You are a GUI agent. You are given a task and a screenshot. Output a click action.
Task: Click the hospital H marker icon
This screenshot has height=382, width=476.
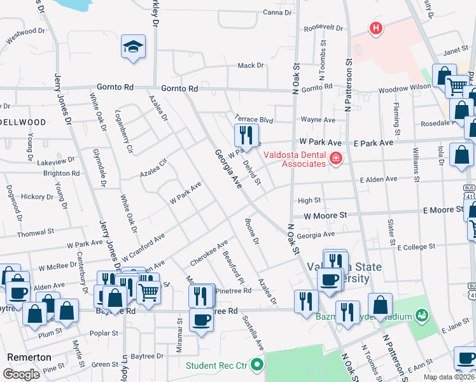[x=376, y=28]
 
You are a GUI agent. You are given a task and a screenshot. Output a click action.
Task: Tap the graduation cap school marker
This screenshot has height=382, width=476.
[x=134, y=46]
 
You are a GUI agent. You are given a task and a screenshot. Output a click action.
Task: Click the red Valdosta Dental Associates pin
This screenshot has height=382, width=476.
[x=335, y=159]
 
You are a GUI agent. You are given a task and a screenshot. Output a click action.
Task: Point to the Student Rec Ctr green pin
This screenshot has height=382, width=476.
[x=257, y=365]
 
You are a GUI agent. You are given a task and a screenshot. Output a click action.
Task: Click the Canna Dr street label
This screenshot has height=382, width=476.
[x=276, y=12]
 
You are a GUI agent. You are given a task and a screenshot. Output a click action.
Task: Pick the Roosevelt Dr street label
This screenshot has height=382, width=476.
[x=323, y=29]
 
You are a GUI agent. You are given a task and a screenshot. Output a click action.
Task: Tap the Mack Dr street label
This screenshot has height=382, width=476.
[x=250, y=66]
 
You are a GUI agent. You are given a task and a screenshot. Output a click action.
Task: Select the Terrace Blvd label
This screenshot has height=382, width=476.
[x=253, y=118]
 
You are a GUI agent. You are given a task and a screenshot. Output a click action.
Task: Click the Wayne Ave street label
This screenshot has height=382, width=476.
[x=318, y=120]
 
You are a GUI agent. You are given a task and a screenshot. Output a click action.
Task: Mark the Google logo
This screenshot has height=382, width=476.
[x=21, y=374]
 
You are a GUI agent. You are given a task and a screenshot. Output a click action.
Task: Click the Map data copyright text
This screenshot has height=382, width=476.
[x=448, y=377]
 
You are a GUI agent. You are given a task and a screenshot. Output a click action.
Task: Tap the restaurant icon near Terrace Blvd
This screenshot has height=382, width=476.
[x=246, y=135]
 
